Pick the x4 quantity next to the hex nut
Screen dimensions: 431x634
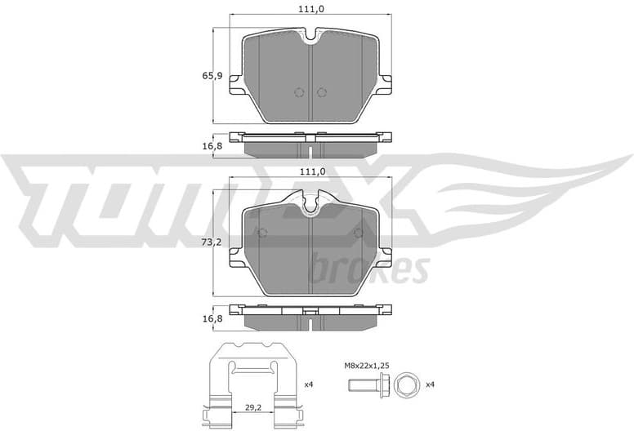[x=430, y=384]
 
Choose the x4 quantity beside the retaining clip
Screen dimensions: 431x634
[x=308, y=384]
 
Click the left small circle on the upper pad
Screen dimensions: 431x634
[x=298, y=91]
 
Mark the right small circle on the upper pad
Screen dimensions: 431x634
[x=321, y=91]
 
